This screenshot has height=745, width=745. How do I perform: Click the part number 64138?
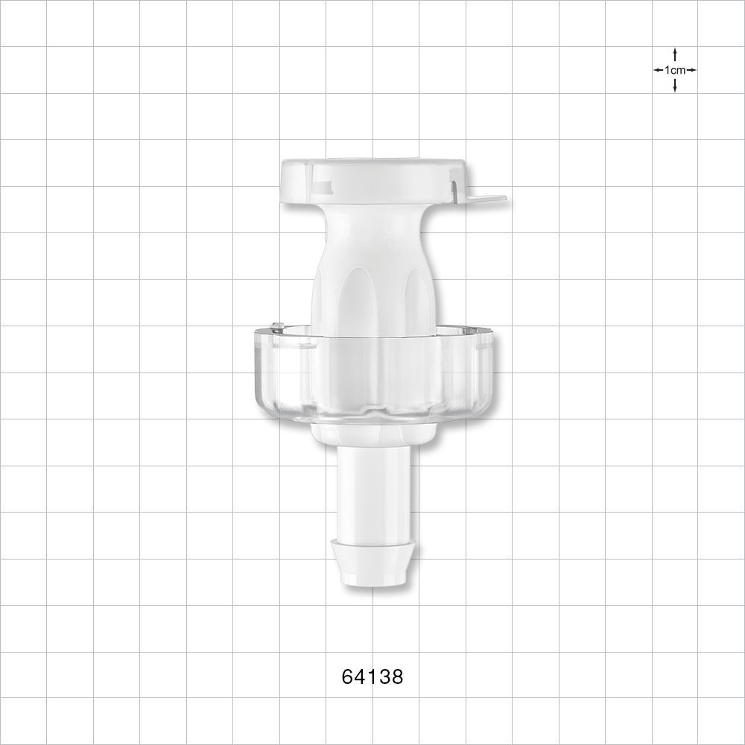pos(372,676)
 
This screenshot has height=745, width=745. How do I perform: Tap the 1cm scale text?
pos(675,70)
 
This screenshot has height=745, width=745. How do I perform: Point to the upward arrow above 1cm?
pos(675,54)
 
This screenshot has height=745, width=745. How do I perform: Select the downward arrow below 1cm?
pos(675,86)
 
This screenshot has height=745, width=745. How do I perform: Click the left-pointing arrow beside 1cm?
pos(659,70)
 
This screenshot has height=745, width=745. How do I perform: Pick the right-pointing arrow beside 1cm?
pos(691,70)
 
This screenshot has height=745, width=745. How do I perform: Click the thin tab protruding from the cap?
pos(488,199)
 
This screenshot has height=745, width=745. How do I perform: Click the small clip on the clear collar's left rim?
pos(277,326)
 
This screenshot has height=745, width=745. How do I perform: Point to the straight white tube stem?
pos(372,492)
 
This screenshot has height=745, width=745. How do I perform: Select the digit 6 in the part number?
pos(347,676)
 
